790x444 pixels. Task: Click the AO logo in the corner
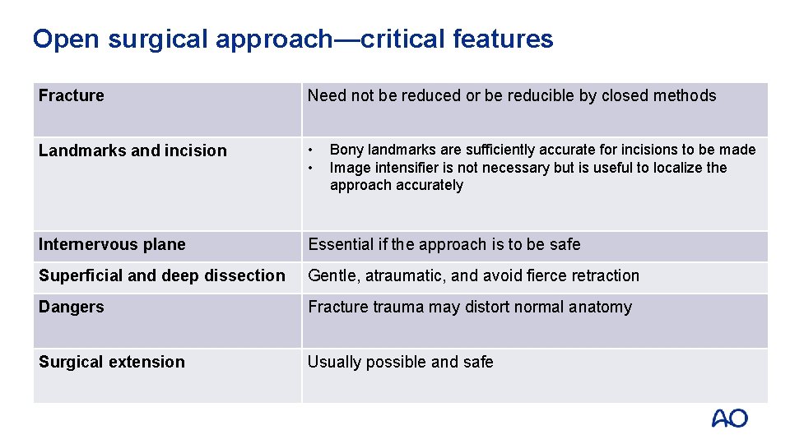[729, 419]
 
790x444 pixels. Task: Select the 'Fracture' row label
[72, 95]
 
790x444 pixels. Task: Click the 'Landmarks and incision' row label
[132, 150]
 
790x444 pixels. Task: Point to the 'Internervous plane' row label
[112, 244]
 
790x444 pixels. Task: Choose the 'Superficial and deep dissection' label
[162, 275]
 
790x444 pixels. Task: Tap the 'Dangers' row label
[72, 307]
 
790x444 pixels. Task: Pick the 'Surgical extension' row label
[112, 362]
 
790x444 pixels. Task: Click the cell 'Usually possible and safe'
[401, 362]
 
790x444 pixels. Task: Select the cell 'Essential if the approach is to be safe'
[444, 244]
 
